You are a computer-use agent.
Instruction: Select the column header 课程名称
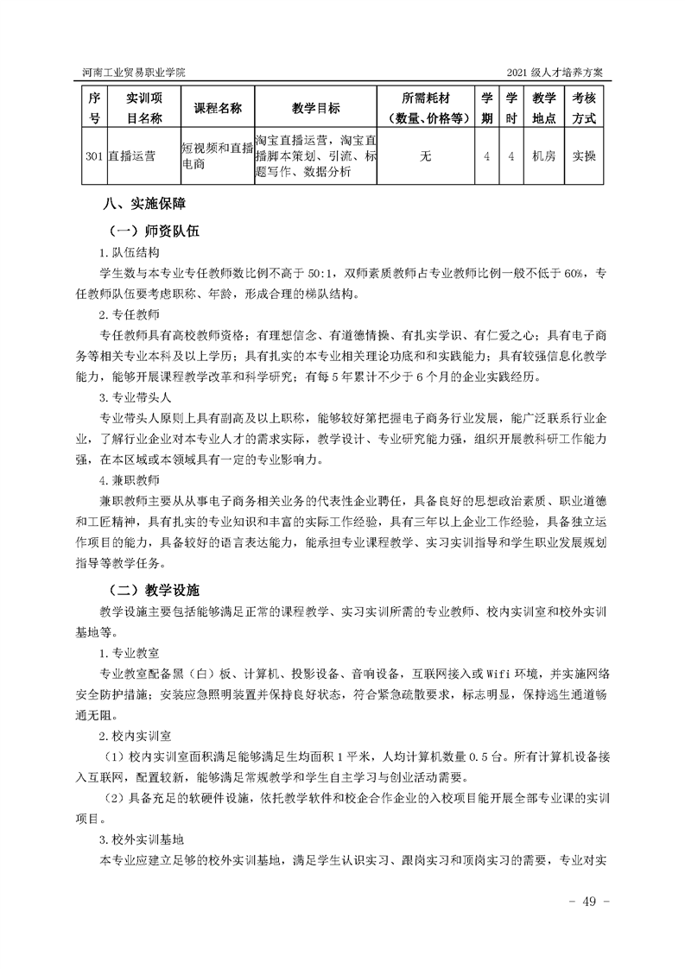tap(217, 108)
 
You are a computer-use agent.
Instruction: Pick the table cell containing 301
tap(95, 156)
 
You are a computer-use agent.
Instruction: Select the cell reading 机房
tap(543, 156)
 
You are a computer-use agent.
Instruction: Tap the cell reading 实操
tap(585, 156)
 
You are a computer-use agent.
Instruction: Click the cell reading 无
tap(425, 156)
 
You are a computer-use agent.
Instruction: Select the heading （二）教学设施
tap(154, 591)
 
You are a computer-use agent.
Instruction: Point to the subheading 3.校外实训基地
tap(138, 839)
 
